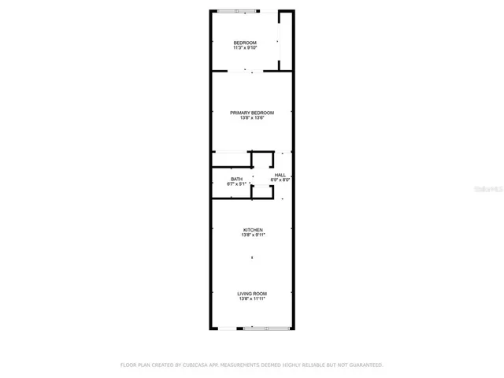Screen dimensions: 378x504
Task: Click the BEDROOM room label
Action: coord(245,42)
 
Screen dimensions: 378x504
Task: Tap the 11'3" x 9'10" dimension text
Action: coord(245,47)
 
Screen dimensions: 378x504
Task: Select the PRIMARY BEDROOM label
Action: coord(252,113)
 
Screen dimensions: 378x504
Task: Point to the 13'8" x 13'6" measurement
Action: coord(252,118)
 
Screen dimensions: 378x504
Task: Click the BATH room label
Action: coord(236,179)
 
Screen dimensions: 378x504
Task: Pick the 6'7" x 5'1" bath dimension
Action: coord(236,183)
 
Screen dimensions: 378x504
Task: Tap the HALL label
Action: coord(280,175)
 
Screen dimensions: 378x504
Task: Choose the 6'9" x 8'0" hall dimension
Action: coord(280,180)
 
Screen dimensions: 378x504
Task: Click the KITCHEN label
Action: coord(252,230)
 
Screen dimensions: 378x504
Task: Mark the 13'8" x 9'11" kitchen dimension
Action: coord(252,235)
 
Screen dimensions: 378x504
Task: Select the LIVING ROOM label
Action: coord(252,294)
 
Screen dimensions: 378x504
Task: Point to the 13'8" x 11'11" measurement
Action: coord(252,299)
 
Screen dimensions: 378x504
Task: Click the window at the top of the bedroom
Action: coord(238,11)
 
